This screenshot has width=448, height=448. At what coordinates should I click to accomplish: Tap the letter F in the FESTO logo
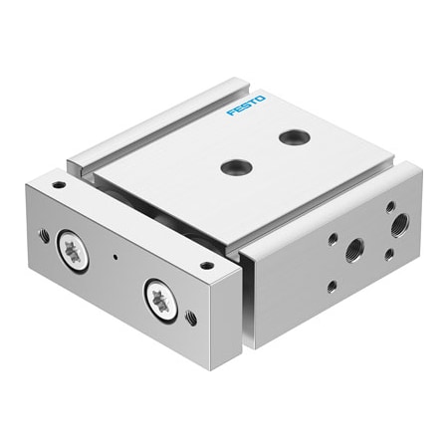click(231, 112)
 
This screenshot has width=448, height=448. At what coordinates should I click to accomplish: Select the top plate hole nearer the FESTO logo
click(294, 137)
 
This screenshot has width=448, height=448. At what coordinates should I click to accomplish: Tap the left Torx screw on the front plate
click(74, 251)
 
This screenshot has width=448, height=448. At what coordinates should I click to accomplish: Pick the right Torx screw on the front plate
click(160, 299)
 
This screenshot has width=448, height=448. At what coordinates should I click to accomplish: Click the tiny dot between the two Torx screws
click(117, 262)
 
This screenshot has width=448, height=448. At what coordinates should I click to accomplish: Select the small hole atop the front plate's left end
click(60, 185)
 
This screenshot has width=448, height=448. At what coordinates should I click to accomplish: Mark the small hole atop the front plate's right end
click(206, 266)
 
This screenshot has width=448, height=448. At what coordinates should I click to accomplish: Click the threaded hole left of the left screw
click(43, 236)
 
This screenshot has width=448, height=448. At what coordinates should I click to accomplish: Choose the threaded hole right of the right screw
click(191, 319)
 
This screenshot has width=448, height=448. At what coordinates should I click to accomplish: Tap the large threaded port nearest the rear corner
click(398, 221)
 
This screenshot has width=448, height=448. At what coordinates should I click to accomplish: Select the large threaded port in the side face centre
click(353, 250)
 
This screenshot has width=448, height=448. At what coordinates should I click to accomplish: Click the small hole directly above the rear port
click(389, 207)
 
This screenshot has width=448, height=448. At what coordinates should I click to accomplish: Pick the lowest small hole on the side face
click(332, 287)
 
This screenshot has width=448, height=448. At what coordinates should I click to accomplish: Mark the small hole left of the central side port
click(333, 239)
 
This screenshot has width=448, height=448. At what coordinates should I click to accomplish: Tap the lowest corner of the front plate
click(211, 369)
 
